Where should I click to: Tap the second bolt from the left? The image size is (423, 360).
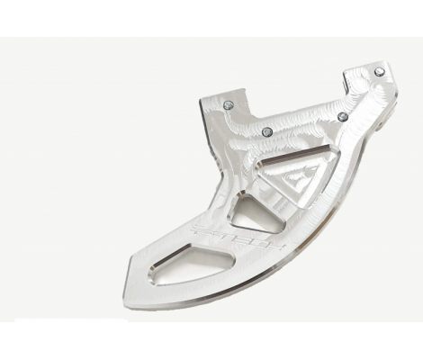click(266, 132)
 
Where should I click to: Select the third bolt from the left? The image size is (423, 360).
click(343, 115)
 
